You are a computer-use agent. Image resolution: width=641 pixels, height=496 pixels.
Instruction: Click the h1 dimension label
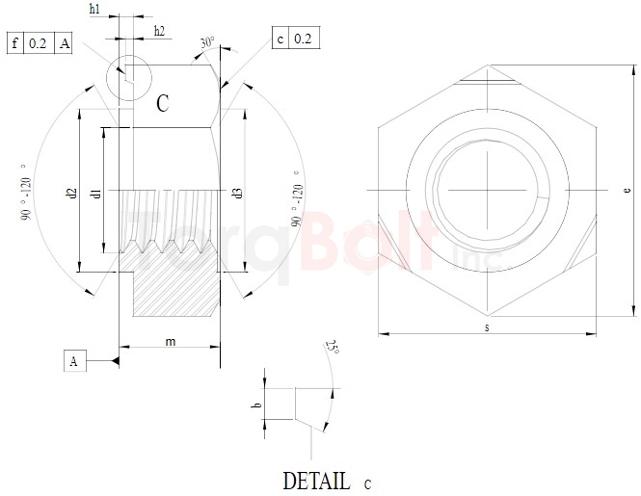point(94,9)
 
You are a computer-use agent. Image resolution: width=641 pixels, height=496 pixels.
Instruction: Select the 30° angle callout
point(207,44)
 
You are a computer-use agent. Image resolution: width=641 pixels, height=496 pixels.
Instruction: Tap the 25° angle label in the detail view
point(333,348)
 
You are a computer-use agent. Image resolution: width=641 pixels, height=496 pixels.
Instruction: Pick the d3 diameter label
point(236,194)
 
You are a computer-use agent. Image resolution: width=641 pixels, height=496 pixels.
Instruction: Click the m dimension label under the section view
point(170,342)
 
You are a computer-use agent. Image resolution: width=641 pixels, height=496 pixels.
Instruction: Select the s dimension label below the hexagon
point(487,328)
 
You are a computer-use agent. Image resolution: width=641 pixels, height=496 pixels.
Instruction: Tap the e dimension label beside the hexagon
point(627,191)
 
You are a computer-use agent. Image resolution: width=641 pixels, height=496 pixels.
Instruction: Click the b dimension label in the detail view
point(256,405)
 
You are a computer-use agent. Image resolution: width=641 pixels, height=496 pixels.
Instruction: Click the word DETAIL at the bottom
point(316,480)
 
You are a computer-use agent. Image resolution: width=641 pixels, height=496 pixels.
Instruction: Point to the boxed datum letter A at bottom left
point(74,361)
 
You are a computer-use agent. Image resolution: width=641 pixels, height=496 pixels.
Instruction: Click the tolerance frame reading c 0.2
point(296,39)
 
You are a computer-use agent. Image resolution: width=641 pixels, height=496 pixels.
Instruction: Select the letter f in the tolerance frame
point(16,43)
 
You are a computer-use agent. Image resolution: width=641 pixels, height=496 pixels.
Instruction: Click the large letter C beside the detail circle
point(163,104)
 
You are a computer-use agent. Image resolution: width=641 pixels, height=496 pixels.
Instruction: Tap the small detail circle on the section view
point(127,75)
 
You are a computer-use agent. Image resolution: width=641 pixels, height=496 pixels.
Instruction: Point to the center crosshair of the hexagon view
point(488,190)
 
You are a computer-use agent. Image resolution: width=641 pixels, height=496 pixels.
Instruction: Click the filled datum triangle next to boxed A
point(113,361)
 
